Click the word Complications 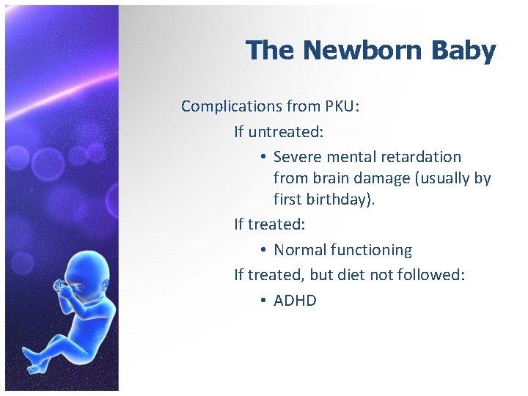point(232,106)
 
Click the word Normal point(300,250)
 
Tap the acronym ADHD point(295,301)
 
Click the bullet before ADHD point(263,301)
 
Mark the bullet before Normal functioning point(263,250)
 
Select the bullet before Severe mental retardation point(263,157)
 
